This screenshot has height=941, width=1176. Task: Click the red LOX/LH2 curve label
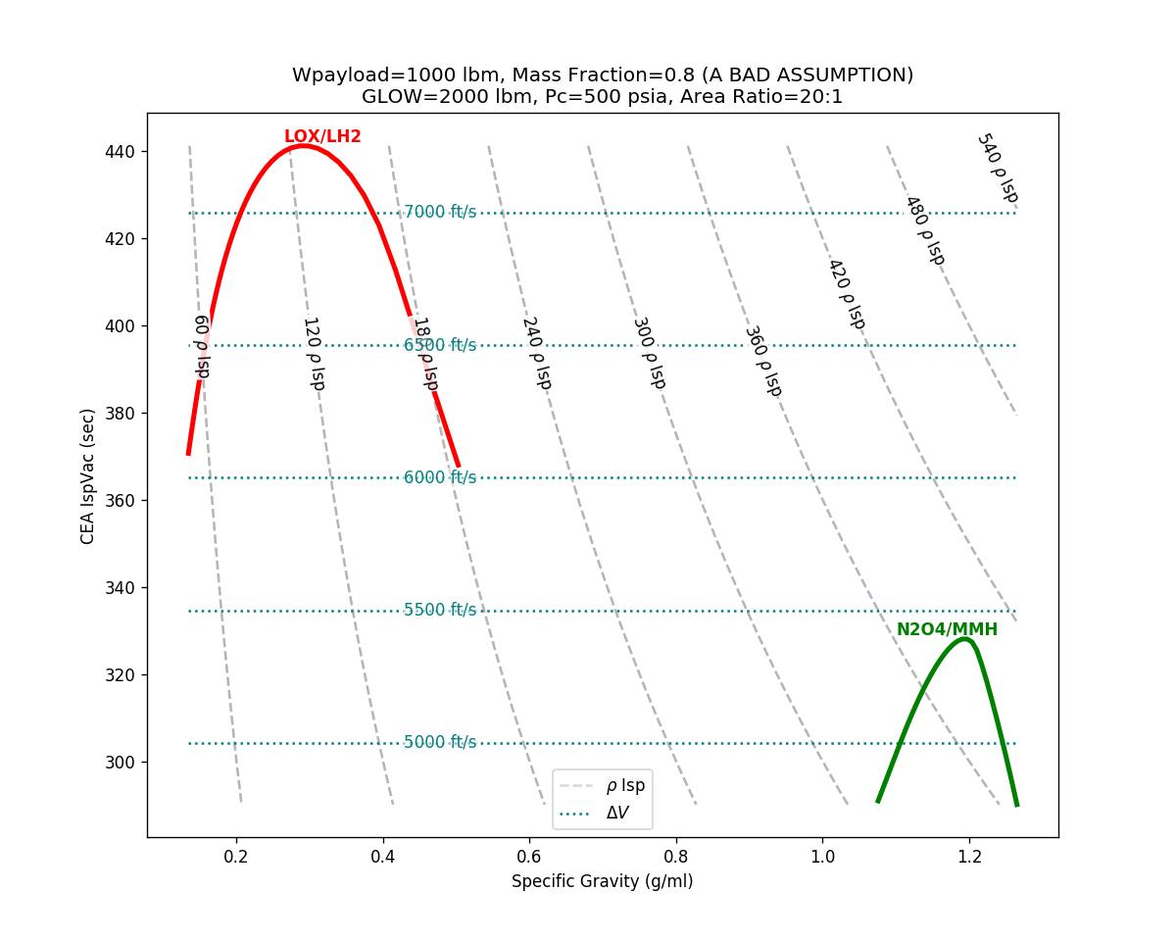pyautogui.click(x=322, y=137)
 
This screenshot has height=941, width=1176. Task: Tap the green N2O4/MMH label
pyautogui.click(x=947, y=630)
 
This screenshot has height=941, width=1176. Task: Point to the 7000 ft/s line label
pyautogui.click(x=440, y=213)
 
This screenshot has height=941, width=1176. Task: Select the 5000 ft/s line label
pyautogui.click(x=440, y=743)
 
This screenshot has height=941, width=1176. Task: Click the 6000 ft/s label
pyautogui.click(x=440, y=478)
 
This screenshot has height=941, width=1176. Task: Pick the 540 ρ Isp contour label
pyautogui.click(x=997, y=169)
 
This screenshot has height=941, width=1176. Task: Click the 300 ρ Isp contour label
pyautogui.click(x=649, y=353)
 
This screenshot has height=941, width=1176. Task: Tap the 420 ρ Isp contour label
pyautogui.click(x=846, y=294)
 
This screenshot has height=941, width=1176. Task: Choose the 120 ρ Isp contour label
pyautogui.click(x=313, y=354)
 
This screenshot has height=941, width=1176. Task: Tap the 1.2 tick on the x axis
pyautogui.click(x=969, y=856)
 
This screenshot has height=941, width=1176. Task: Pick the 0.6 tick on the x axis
pyautogui.click(x=529, y=856)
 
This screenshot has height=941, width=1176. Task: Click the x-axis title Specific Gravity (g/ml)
pyautogui.click(x=602, y=882)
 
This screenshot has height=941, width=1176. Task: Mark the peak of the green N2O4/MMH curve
pyautogui.click(x=965, y=639)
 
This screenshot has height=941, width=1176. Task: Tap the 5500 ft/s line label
pyautogui.click(x=440, y=611)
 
